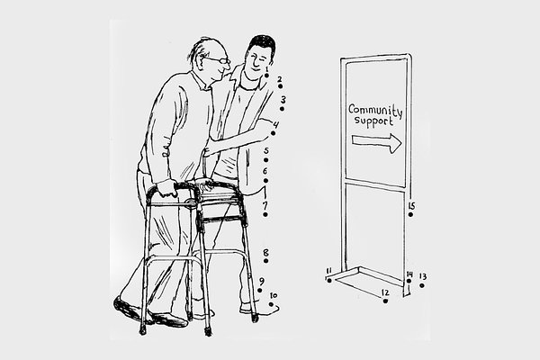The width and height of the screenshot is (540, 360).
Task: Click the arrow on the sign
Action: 376,142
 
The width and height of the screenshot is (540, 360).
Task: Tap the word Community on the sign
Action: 375,110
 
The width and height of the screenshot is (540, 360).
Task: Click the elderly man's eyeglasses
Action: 219,60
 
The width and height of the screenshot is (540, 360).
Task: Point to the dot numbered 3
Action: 282,109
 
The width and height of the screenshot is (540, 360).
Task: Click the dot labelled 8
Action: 265,261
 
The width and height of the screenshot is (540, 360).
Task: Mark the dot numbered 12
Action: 385,301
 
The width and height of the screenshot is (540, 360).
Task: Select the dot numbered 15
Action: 410,214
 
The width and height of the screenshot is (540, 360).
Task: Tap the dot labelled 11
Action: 329,281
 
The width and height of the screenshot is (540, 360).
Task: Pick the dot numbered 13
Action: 422,285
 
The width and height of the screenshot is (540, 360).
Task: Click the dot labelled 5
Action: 265,160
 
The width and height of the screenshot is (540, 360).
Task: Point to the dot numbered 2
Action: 280,86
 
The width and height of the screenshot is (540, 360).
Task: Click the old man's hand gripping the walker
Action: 167,188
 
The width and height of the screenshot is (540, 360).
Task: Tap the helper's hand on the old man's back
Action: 209,151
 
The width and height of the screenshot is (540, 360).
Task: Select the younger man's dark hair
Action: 263,47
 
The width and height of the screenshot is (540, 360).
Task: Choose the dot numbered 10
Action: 271,304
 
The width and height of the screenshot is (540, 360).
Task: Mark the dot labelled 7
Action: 265,214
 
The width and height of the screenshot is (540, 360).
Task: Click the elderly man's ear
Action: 200,58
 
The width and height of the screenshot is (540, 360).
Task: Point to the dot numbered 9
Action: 260,291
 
